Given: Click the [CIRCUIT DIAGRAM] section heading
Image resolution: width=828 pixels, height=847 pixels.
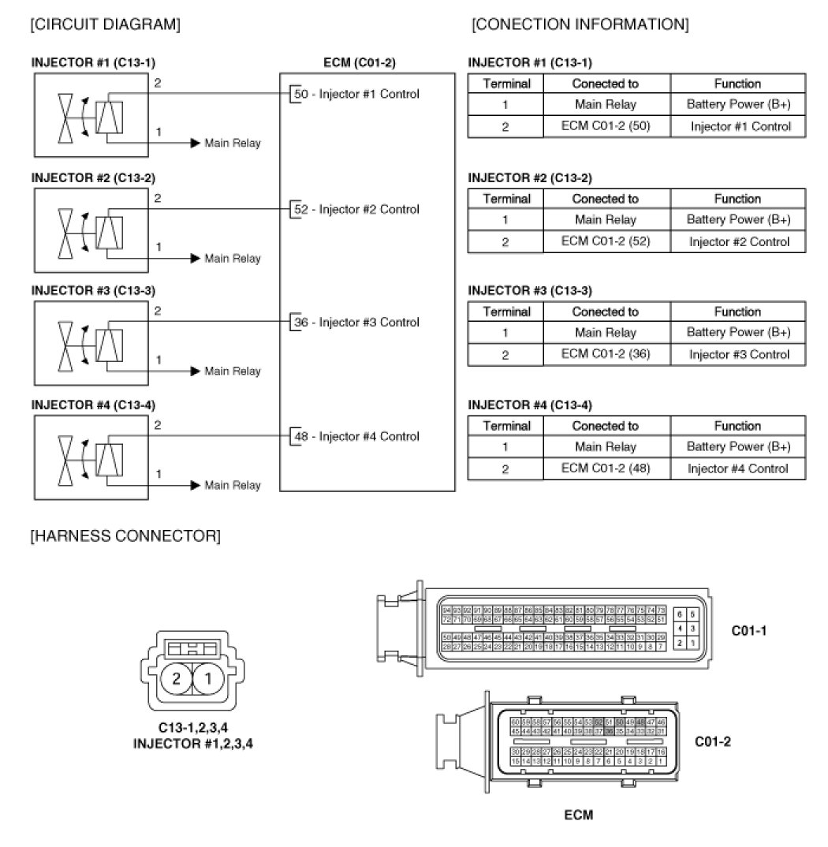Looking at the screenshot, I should (105, 25).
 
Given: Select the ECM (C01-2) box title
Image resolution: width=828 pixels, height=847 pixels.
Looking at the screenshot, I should (367, 62).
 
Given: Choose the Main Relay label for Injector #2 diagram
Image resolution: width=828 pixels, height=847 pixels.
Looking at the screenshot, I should (232, 259).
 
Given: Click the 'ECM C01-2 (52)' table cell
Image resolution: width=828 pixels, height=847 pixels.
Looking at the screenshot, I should (606, 241).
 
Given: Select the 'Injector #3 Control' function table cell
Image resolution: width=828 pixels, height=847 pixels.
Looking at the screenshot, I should (738, 355).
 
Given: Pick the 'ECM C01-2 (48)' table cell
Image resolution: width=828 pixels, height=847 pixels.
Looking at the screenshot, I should (606, 468).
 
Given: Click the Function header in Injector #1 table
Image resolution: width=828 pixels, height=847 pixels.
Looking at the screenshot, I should (738, 84).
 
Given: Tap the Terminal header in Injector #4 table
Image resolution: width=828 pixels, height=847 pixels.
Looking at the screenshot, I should (506, 427).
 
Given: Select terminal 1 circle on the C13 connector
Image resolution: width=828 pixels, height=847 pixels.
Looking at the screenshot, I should (208, 678).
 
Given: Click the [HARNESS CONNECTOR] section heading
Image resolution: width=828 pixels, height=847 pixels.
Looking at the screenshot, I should (125, 537).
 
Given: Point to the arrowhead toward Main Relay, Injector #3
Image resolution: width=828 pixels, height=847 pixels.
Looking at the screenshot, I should (195, 371).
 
